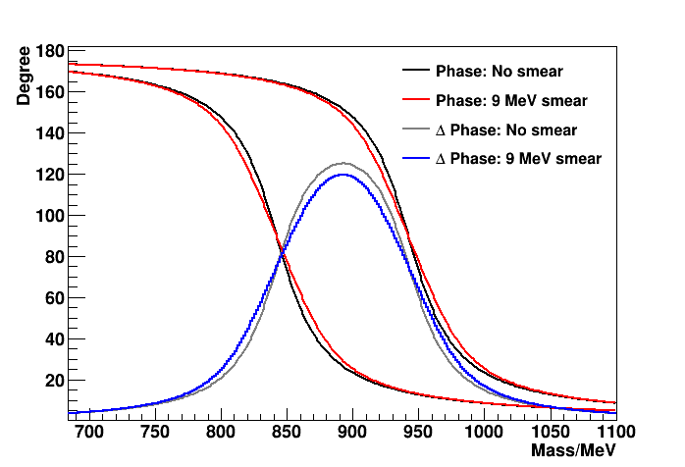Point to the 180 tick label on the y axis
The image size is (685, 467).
point(50,51)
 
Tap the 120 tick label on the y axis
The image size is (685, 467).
point(50,175)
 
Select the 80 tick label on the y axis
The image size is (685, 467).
point(55,257)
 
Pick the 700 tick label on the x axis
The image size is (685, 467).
point(88,431)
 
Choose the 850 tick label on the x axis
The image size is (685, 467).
point(286,431)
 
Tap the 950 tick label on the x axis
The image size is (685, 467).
point(417,431)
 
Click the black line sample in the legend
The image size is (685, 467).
point(415,72)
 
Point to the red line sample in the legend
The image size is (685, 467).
point(415,101)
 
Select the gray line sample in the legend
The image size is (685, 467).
point(415,130)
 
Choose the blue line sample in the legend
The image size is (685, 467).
point(415,159)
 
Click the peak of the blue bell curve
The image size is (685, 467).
point(343,175)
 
